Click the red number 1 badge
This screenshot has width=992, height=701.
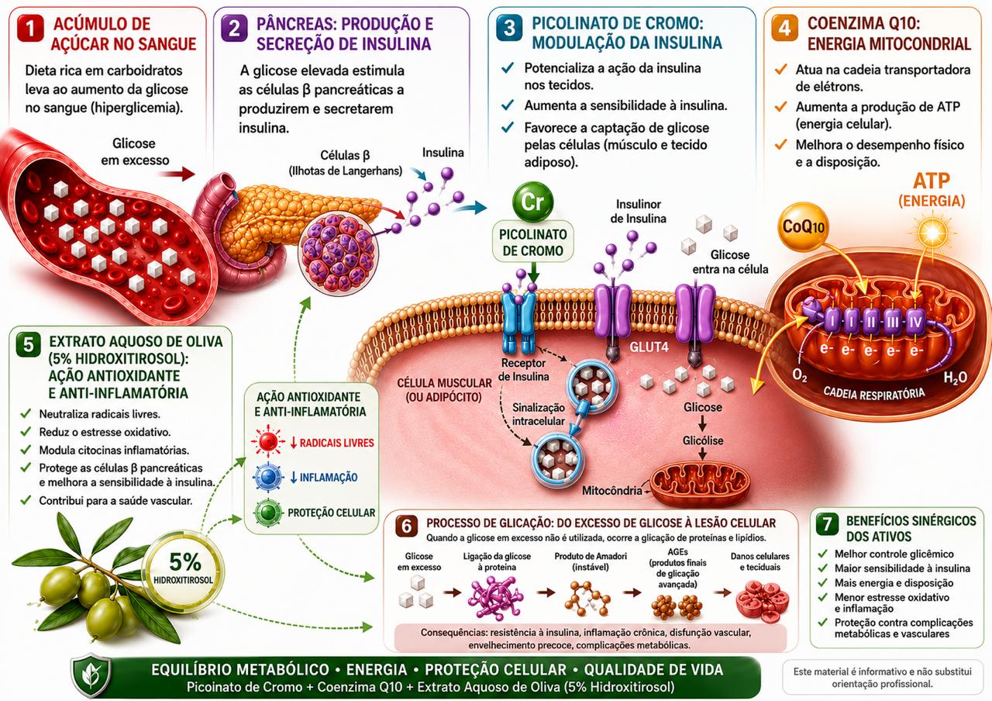click(30, 29)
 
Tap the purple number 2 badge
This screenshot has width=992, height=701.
click(234, 29)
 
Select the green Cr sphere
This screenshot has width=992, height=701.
click(532, 202)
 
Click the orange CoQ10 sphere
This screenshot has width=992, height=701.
click(803, 226)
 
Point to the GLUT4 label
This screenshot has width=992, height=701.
click(649, 347)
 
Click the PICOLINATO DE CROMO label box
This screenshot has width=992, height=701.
click(532, 242)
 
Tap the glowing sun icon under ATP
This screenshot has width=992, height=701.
click(932, 232)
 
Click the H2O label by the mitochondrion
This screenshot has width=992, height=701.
click(955, 378)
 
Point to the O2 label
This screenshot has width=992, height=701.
click(799, 375)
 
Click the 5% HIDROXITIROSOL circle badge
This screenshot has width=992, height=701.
click(184, 568)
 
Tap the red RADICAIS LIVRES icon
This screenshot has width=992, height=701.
click(268, 442)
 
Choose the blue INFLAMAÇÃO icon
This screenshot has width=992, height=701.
click(268, 477)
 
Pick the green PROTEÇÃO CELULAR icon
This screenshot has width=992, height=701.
click(268, 513)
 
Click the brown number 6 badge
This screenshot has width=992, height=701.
click(407, 526)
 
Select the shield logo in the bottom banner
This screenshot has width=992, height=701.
click(92, 675)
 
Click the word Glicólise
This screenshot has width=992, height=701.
click(703, 440)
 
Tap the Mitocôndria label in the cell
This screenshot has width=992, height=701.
click(612, 491)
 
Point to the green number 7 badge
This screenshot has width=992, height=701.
click(827, 525)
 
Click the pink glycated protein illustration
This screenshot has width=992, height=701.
click(495, 597)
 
